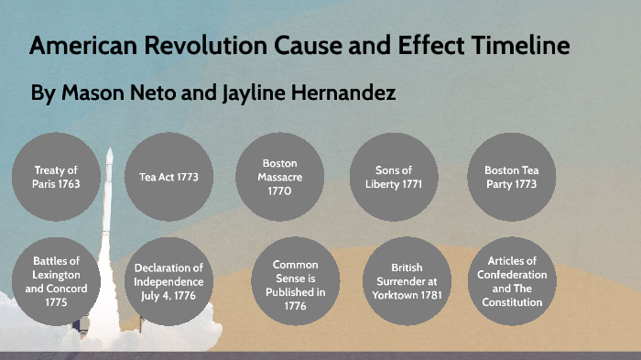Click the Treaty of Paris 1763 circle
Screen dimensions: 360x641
pyautogui.click(x=56, y=177)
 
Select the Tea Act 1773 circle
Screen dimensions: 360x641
pyautogui.click(x=168, y=177)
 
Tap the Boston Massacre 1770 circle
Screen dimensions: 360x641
pyautogui.click(x=280, y=177)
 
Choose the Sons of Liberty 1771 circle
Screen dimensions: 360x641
pyautogui.click(x=394, y=177)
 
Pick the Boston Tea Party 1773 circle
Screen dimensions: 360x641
pyautogui.click(x=509, y=177)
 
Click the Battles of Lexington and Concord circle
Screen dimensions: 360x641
pyautogui.click(x=56, y=280)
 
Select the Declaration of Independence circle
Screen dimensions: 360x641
pyautogui.click(x=168, y=280)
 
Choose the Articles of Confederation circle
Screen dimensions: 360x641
pyautogui.click(x=512, y=281)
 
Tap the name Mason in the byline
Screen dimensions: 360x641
pyautogui.click(x=89, y=93)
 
